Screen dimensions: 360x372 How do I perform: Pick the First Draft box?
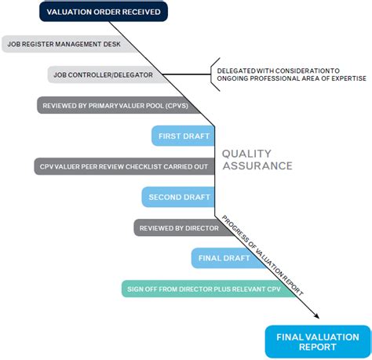point(183,136)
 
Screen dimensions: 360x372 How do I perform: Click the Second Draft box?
point(177,197)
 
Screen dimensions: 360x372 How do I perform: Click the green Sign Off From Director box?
point(210,289)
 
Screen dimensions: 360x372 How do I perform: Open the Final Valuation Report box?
point(317,341)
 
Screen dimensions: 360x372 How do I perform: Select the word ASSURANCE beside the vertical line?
point(257,165)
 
